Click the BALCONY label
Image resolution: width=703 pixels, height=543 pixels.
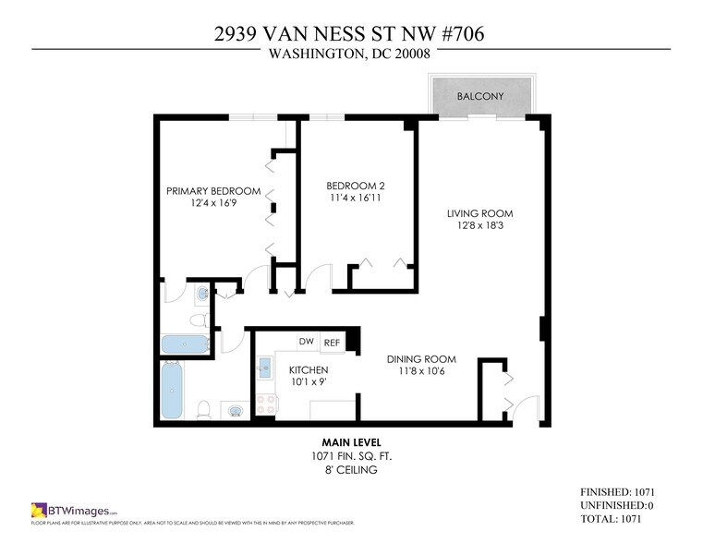[x=479, y=96]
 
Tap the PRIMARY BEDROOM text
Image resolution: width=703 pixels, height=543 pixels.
[x=213, y=191]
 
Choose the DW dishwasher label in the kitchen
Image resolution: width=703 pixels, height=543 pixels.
[x=306, y=342]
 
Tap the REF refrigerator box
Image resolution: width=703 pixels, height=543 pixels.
[x=332, y=343]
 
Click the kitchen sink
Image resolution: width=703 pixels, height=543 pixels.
[x=263, y=365]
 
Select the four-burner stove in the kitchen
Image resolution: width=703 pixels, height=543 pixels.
[x=266, y=404]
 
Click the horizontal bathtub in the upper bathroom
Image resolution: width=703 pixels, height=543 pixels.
[x=186, y=344]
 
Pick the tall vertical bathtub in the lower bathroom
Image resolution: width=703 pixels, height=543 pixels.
[x=173, y=390]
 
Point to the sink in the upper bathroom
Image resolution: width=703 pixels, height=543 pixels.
[x=202, y=295]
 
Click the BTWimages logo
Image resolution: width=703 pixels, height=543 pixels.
[x=75, y=510]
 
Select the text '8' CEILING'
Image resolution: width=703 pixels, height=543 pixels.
[x=350, y=470]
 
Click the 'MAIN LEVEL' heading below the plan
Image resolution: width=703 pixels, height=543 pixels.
[x=350, y=442]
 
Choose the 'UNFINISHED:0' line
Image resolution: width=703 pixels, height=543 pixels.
[x=617, y=506]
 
